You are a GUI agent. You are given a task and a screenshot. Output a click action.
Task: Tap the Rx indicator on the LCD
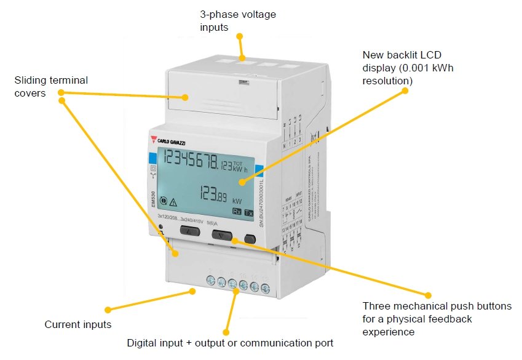[x=237, y=212]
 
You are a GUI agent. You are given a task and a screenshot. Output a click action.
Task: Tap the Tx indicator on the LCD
[x=248, y=212]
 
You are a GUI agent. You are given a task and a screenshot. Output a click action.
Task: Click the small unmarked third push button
[x=250, y=238]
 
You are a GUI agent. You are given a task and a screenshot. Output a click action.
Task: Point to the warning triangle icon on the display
[x=173, y=201]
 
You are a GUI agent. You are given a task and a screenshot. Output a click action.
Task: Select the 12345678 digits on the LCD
[x=191, y=161]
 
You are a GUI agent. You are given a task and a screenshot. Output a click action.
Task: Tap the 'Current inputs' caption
[x=78, y=324]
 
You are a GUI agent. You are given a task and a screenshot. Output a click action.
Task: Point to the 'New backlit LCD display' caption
[x=408, y=67]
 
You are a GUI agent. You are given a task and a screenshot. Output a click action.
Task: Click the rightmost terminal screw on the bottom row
[x=266, y=287]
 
